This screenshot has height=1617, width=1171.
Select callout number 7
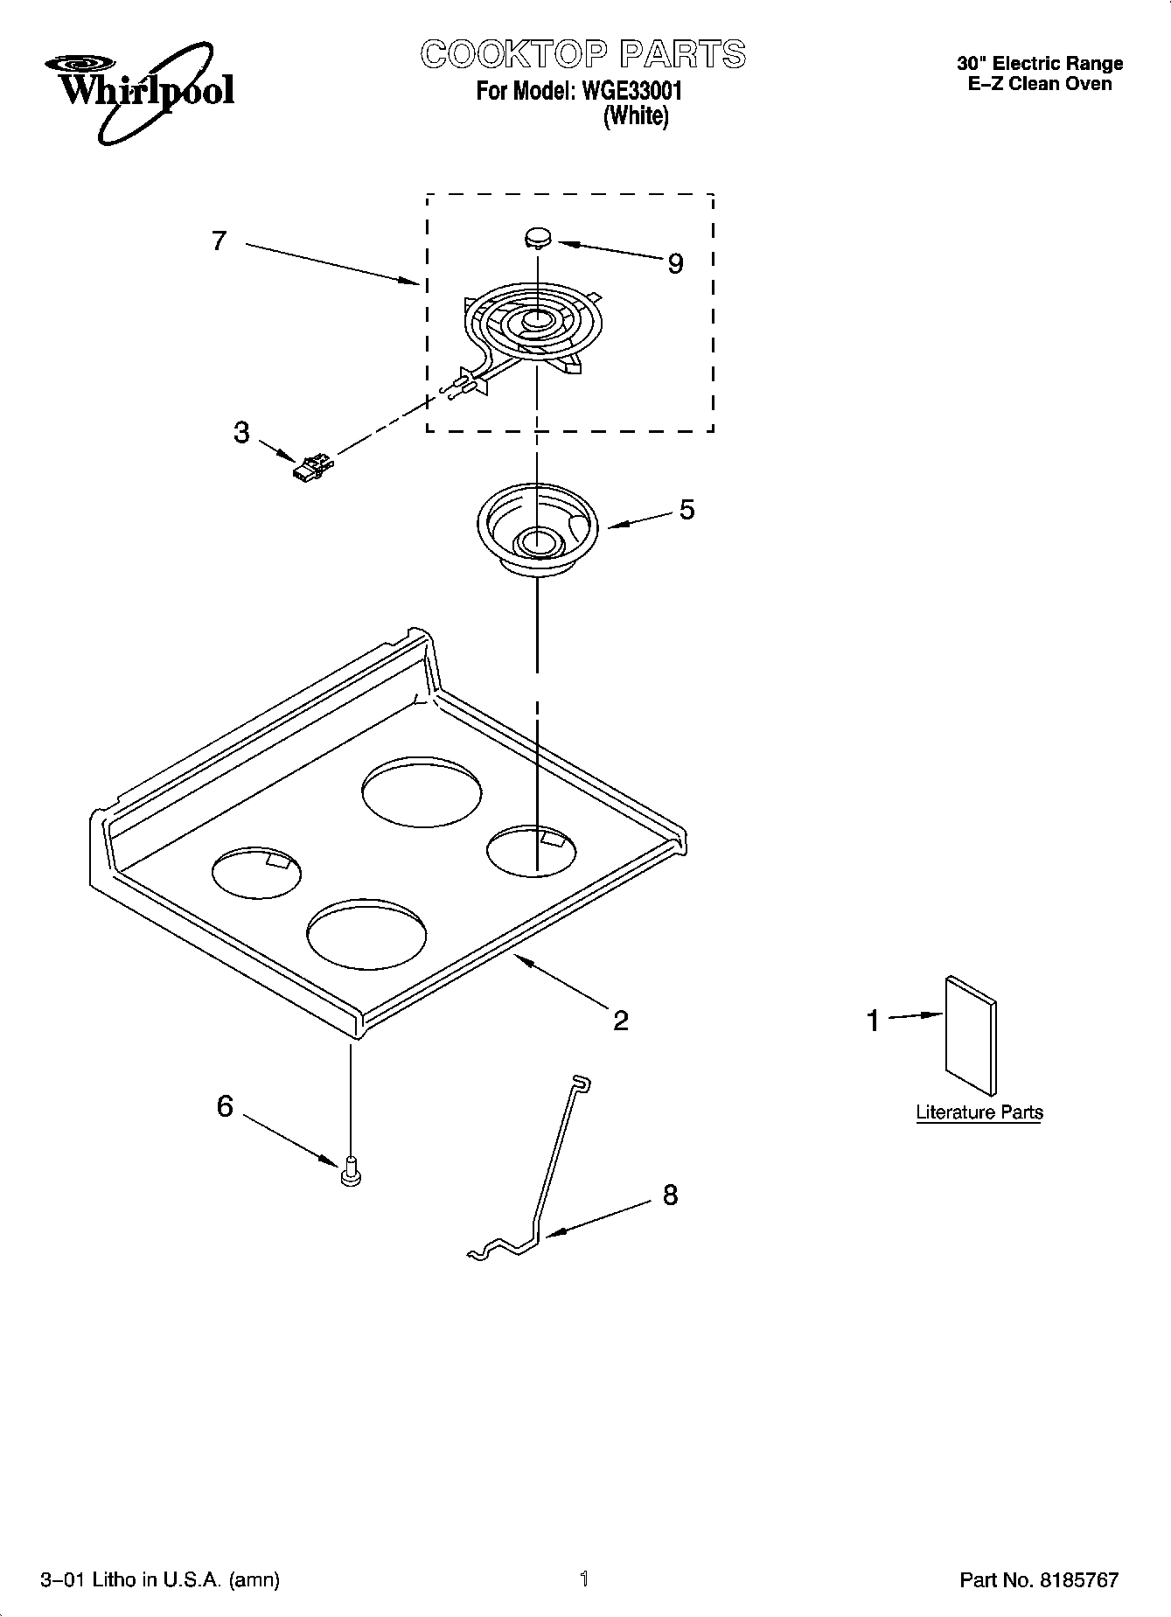220,240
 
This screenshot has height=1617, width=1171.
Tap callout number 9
675,263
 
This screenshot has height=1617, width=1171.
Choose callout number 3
241,432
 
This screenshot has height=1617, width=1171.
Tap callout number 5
687,509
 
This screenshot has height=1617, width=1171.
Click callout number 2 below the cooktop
620,1020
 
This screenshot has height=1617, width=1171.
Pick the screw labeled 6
351,1170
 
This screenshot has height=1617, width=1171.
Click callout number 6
225,1106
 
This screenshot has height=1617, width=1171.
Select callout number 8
670,1195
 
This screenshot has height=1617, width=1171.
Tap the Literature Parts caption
979,1112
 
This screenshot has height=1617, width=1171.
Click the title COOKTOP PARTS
583,54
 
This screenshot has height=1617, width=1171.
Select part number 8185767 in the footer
1078,1579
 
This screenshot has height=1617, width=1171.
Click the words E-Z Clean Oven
1040,84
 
